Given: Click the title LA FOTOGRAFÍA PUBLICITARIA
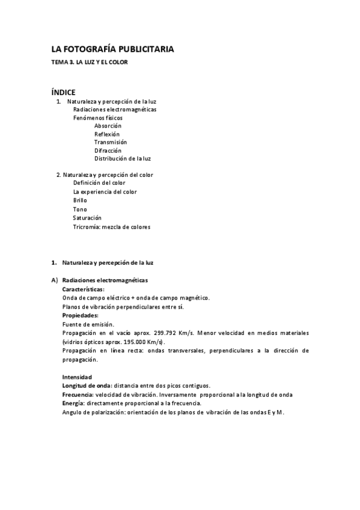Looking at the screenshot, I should tap(112, 49).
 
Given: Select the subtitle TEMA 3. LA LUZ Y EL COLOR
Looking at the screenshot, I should tap(90, 62).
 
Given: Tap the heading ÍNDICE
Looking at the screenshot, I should tap(63, 92).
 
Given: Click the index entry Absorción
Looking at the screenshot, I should tap(108, 126).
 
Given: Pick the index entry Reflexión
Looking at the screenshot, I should tap(107, 134).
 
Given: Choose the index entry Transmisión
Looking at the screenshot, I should tap(111, 142).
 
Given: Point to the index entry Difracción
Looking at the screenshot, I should tap(108, 150).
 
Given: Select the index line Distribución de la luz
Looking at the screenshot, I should tap(123, 159).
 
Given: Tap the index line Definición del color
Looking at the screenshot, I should tap(99, 183).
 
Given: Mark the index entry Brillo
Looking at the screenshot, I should tap(80, 200).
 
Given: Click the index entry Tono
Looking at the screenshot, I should tap(80, 209).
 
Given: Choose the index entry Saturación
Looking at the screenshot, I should tap(87, 218).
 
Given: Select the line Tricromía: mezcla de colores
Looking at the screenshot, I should tap(112, 227).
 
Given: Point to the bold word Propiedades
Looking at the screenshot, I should tap(81, 315).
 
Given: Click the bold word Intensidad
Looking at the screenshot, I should tap(77, 376).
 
